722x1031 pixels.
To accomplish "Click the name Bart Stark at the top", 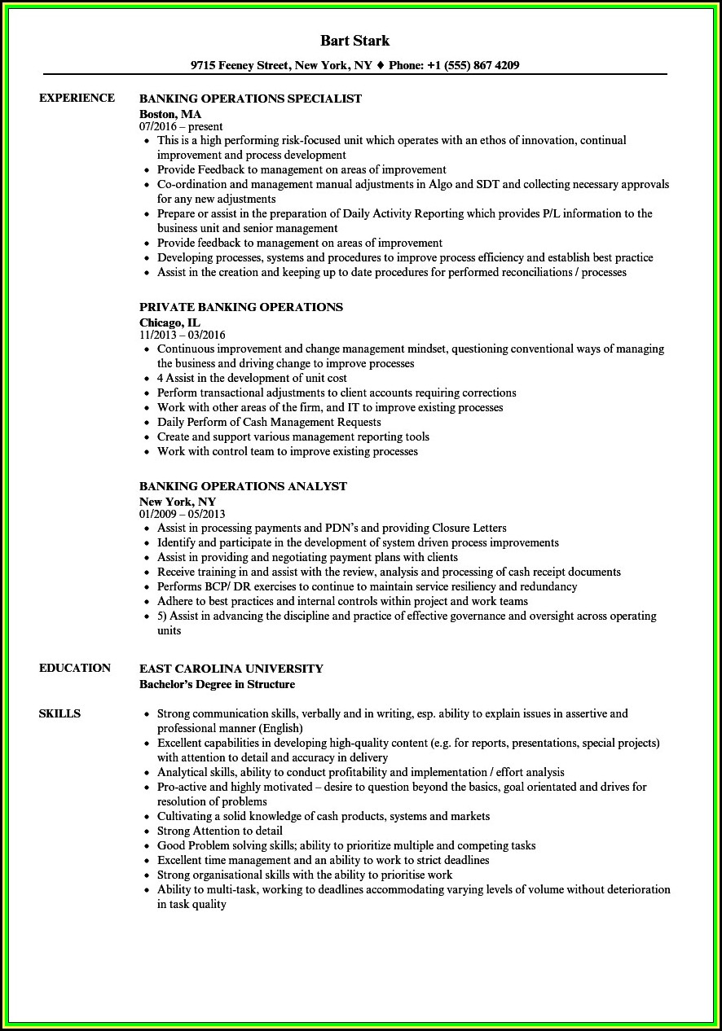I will tap(354, 41).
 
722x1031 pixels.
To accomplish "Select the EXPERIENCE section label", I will tap(77, 98).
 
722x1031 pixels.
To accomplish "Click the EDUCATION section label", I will tap(75, 668).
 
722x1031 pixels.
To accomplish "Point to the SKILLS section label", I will tap(59, 713).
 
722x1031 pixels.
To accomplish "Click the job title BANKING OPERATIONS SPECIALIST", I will tap(250, 99).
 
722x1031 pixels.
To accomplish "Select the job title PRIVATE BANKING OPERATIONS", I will tap(241, 307).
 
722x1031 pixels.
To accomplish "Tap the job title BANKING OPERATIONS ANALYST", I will tap(243, 486).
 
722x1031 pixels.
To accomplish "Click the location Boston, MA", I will tap(170, 114).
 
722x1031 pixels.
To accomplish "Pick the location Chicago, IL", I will tap(169, 322).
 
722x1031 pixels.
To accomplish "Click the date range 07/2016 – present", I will tap(181, 127).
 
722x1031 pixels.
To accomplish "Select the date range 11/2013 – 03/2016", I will tap(183, 336).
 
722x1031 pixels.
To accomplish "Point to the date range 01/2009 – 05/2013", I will tap(183, 515).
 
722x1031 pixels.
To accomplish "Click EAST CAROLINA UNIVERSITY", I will tap(231, 669).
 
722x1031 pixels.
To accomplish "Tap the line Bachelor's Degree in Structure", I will tap(218, 684).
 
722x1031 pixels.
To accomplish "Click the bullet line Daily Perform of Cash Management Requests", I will tap(269, 422).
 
